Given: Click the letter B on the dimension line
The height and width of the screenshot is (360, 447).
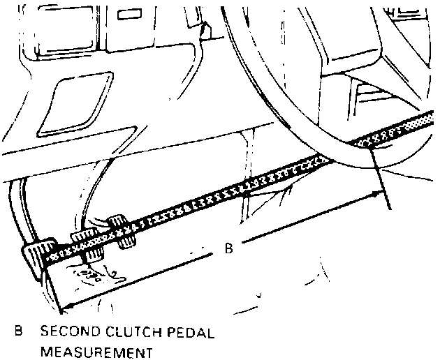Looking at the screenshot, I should click(228, 247).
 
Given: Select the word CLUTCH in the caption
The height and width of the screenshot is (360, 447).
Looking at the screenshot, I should click(129, 332).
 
